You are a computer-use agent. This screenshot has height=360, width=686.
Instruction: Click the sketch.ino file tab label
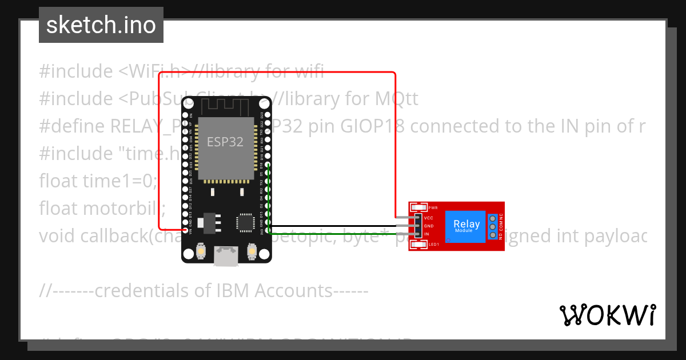tap(101, 25)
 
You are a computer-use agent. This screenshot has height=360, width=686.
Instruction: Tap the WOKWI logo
tap(607, 315)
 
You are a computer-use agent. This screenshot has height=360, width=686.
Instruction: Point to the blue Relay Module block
tap(467, 226)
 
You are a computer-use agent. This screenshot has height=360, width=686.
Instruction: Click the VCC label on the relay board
tap(429, 218)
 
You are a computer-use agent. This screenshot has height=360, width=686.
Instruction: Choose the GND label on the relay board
tap(429, 226)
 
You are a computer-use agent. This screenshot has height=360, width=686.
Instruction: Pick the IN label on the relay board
tap(426, 234)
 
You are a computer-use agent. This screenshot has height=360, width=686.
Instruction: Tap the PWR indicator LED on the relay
tap(418, 207)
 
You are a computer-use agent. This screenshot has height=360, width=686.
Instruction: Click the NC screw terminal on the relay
tap(492, 218)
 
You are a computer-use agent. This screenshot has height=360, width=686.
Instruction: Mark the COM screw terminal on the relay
tap(492, 226)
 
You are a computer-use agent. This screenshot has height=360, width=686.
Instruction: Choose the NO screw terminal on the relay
tap(492, 234)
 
